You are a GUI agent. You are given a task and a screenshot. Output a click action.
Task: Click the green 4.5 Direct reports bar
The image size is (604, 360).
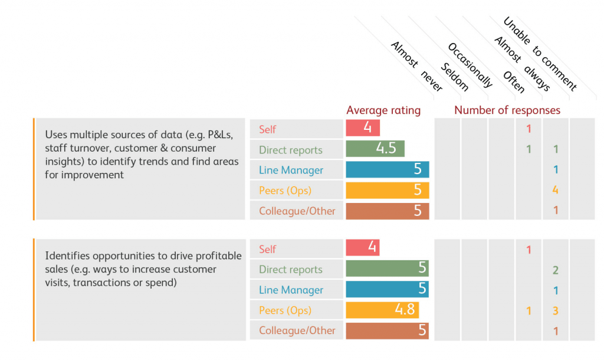point(375,149)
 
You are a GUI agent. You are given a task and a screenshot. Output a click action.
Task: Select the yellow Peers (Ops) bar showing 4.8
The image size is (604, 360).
point(382,310)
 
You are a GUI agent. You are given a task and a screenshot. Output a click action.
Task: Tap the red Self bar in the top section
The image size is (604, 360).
point(363,128)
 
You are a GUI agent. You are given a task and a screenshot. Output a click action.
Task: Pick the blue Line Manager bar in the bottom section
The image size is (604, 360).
point(387,289)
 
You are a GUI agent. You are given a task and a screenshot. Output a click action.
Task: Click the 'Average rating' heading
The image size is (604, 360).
point(383,110)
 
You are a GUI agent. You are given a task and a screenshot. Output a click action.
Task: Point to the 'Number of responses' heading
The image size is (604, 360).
point(507,110)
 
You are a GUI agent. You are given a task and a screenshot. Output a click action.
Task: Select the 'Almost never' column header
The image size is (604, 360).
point(416,66)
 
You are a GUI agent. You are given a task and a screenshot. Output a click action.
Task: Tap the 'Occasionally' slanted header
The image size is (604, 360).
point(470,65)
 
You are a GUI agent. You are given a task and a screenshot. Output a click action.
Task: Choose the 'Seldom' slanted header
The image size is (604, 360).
point(455,77)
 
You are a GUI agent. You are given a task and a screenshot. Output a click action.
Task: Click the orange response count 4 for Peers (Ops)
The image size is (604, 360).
point(555,189)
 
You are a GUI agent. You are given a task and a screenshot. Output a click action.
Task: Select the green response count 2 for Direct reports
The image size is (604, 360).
point(556,270)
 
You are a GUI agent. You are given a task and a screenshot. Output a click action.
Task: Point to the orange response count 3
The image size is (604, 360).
point(556,310)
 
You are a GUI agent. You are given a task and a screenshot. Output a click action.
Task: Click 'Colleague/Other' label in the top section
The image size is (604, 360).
point(297,211)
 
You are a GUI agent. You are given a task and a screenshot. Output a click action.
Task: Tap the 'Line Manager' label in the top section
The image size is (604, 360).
point(291,170)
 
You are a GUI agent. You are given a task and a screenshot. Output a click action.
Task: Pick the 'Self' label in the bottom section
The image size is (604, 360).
point(267,250)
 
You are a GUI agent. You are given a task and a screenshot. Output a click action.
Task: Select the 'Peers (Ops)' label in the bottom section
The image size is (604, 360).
point(285,310)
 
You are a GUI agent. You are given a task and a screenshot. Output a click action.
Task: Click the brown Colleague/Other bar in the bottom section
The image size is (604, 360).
point(387,330)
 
